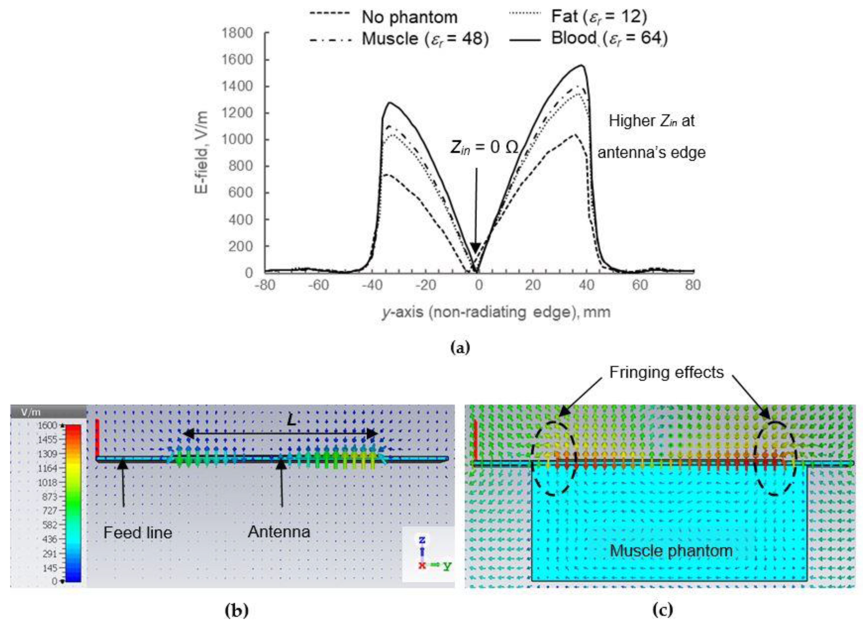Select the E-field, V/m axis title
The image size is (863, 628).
[202, 152]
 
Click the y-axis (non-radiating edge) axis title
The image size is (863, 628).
[496, 312]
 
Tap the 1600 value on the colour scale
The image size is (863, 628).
[47, 425]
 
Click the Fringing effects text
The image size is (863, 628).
[666, 372]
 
